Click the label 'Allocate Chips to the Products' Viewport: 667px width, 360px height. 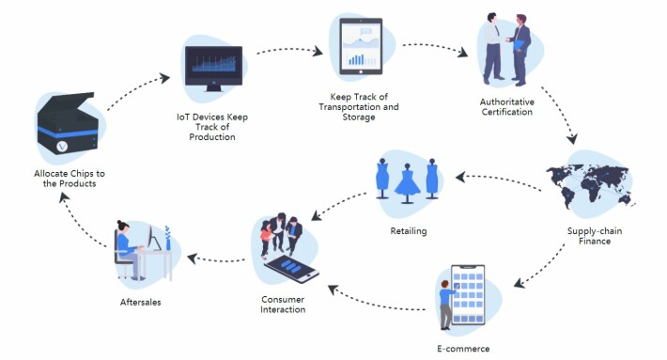coord(70,179)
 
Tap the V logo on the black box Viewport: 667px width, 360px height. coord(62,147)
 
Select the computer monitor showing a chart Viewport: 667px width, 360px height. coord(213,68)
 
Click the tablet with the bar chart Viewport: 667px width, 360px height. coord(361,46)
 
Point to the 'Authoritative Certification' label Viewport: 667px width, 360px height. coord(507,107)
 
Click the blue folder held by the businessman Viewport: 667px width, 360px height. coord(520,45)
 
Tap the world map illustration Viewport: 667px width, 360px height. coord(590,185)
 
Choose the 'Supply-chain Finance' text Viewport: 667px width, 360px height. coord(595,236)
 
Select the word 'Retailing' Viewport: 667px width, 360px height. coord(409,231)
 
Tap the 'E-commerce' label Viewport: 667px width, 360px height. coord(463,349)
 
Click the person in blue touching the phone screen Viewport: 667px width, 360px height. coord(446,305)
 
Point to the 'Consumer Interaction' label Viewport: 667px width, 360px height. coord(283,305)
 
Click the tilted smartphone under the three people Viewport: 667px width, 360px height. coord(292,269)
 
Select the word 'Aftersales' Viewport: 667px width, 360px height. coord(140,302)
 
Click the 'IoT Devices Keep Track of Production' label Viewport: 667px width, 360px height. coord(212,127)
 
